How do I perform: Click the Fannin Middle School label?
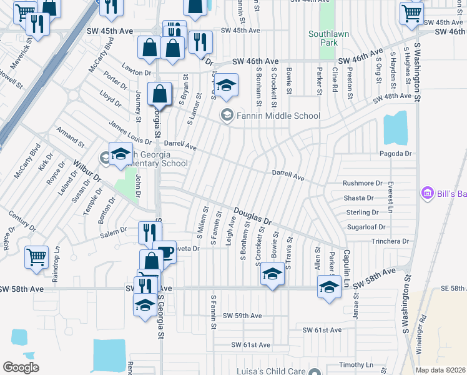click(x=278, y=116)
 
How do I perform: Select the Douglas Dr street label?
click(x=253, y=217)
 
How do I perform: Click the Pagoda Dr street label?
click(x=396, y=153)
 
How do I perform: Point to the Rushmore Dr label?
click(x=362, y=183)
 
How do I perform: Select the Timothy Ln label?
click(x=356, y=364)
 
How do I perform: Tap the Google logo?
click(x=21, y=367)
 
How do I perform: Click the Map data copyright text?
click(x=441, y=371)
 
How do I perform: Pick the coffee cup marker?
click(x=165, y=251)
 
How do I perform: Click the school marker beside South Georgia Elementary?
click(x=120, y=154)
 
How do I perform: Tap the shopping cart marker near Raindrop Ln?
click(x=36, y=256)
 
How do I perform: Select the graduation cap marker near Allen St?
click(x=329, y=286)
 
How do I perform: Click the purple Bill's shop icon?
click(x=428, y=193)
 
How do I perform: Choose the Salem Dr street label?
click(x=114, y=232)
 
